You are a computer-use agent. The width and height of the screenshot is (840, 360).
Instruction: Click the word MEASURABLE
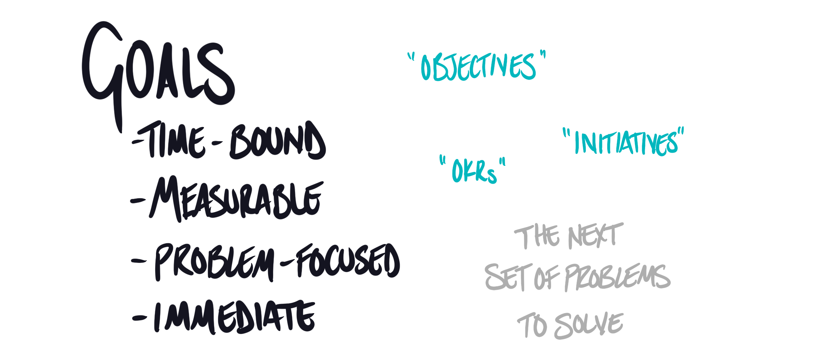pos(236,199)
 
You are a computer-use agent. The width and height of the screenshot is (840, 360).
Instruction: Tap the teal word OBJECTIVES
pos(478,67)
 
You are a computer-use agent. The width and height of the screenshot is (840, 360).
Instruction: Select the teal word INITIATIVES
pos(625,143)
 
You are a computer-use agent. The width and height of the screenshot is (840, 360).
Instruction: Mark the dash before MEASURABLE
pos(138,201)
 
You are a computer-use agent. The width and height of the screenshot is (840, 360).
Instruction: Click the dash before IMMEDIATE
pos(140,318)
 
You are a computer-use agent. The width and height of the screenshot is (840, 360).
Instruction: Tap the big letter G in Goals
pos(102,68)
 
